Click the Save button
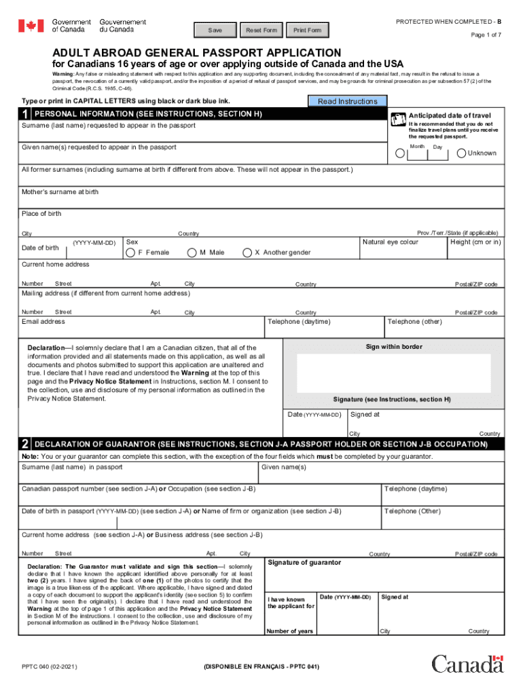[x=215, y=31]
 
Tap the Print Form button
[x=307, y=31]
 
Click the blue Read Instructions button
[x=347, y=102]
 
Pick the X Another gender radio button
[x=247, y=253]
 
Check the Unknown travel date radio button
[x=461, y=153]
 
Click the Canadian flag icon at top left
[x=31, y=26]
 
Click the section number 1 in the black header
[x=25, y=115]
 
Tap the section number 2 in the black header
[x=25, y=445]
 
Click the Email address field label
[x=43, y=322]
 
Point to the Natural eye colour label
[x=391, y=242]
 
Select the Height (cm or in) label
[x=475, y=242]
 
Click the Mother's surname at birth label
[x=60, y=192]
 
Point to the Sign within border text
[x=394, y=347]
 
